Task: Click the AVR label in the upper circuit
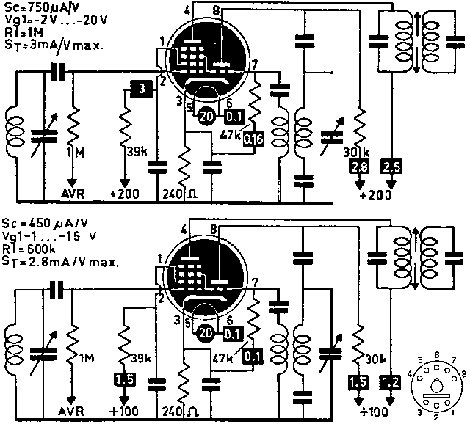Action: pos(73,195)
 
